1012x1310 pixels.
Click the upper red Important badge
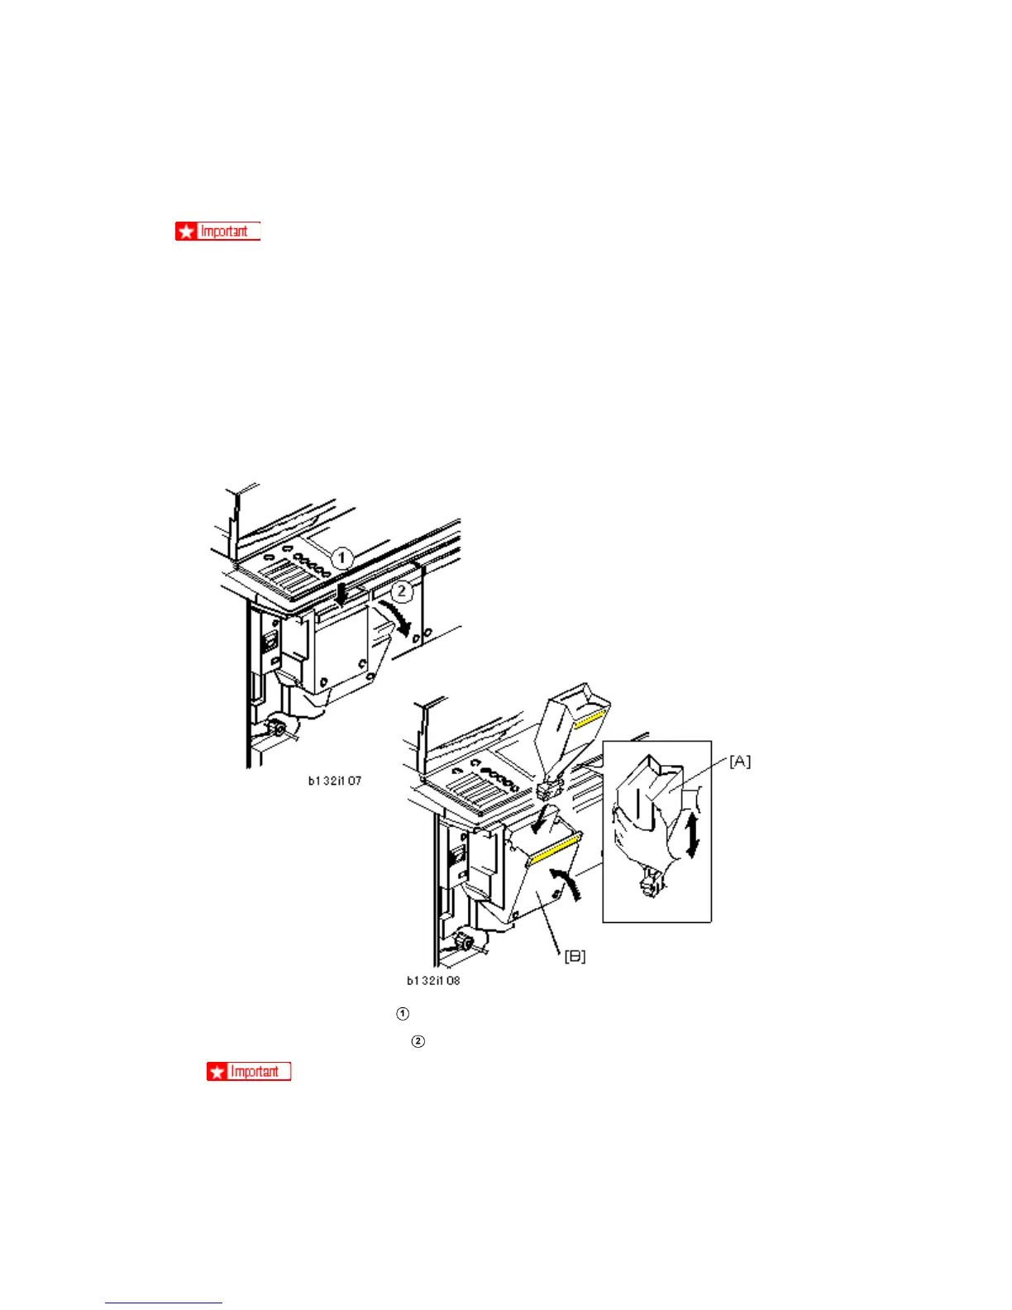click(217, 232)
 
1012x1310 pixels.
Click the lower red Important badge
click(249, 1072)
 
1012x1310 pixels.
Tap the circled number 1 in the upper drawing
click(341, 558)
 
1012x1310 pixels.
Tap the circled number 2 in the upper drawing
click(402, 590)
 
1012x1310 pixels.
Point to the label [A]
click(740, 762)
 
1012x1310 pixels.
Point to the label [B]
click(575, 956)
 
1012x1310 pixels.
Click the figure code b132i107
click(334, 781)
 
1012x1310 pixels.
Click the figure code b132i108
click(432, 981)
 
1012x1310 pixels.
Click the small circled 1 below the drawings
click(403, 1014)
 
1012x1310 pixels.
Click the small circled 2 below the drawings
click(418, 1041)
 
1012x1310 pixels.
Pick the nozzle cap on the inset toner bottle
click(647, 887)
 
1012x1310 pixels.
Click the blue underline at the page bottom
click(164, 1303)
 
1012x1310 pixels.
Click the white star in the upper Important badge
click(186, 232)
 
